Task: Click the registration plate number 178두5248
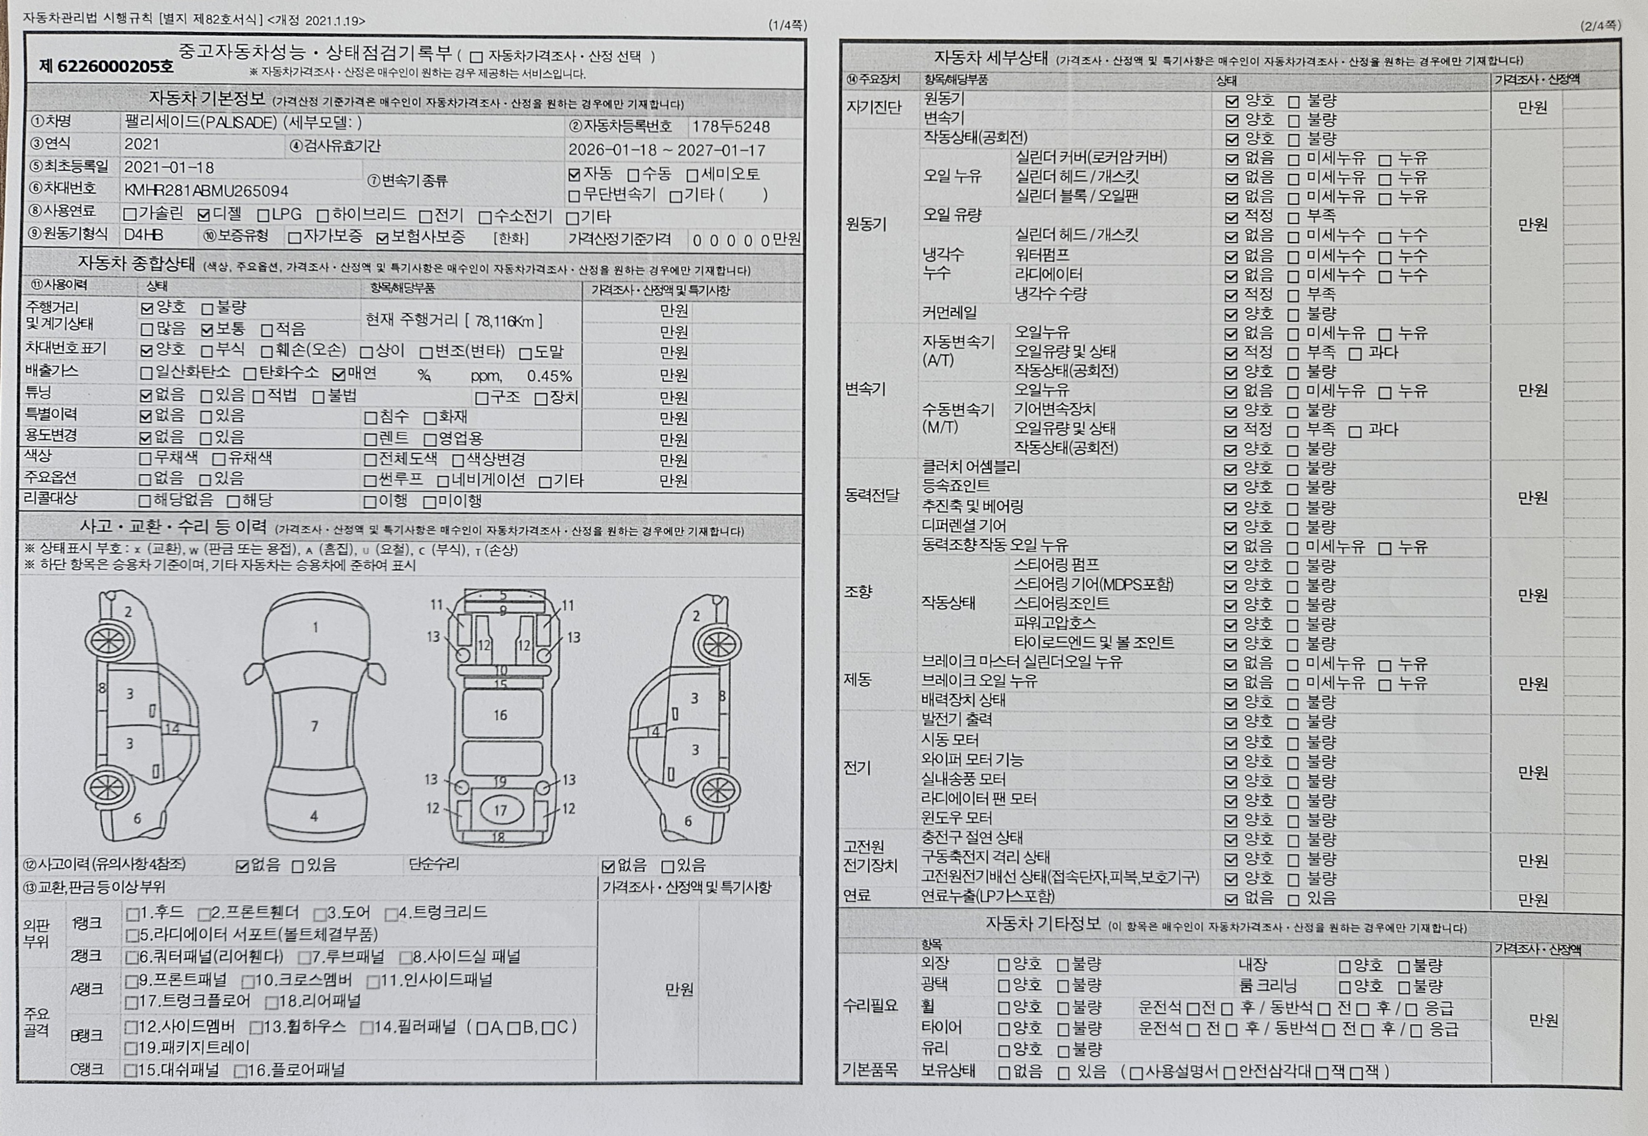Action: (731, 127)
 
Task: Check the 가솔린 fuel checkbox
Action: (130, 214)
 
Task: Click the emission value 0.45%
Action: (549, 376)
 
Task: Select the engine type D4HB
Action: (143, 235)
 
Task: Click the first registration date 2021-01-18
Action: (169, 167)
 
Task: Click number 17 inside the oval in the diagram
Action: (500, 810)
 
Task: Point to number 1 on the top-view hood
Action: (315, 627)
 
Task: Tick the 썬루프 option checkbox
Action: (370, 480)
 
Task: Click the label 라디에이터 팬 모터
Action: (978, 799)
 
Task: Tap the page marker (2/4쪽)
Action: (1600, 26)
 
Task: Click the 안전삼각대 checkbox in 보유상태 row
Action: (1229, 1073)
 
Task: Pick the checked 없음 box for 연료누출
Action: (1231, 899)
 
